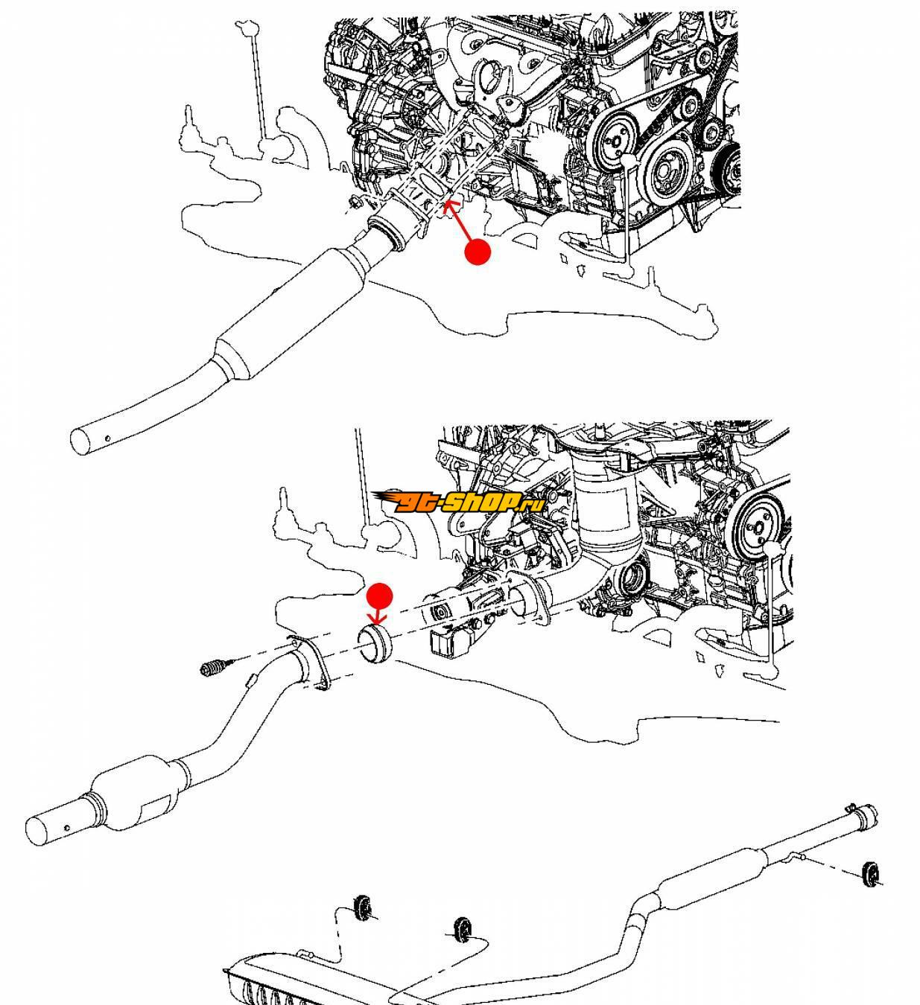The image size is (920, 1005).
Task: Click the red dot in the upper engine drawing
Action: [x=478, y=252]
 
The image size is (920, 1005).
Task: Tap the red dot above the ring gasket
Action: [x=380, y=596]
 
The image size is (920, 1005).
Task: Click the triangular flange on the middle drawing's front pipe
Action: [x=308, y=663]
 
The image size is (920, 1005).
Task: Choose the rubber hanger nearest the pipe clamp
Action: [x=869, y=875]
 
